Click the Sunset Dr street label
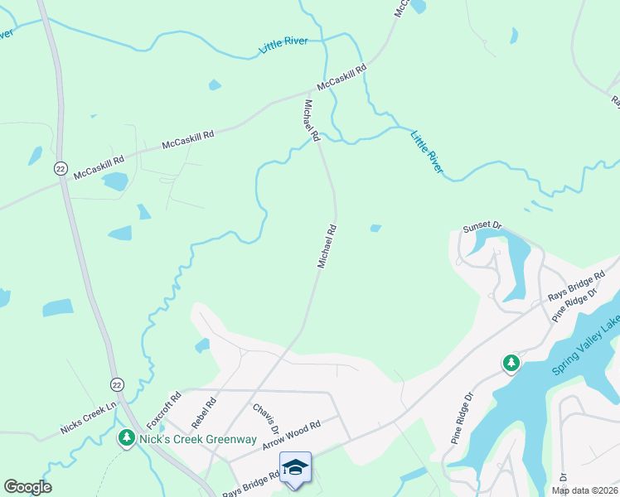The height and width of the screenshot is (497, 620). pyautogui.click(x=484, y=225)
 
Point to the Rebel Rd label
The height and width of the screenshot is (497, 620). pyautogui.click(x=203, y=412)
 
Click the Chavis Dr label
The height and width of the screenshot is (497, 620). pyautogui.click(x=264, y=424)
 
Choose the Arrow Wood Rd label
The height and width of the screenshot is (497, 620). pyautogui.click(x=291, y=435)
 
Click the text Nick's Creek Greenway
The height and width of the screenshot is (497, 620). pyautogui.click(x=198, y=438)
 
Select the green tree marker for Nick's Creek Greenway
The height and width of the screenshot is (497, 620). pyautogui.click(x=127, y=437)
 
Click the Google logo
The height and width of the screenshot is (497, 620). pyautogui.click(x=27, y=487)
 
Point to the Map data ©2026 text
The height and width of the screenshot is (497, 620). pyautogui.click(x=584, y=490)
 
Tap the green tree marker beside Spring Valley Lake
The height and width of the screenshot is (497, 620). pyautogui.click(x=511, y=363)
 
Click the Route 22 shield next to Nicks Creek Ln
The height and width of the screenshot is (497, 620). pyautogui.click(x=117, y=384)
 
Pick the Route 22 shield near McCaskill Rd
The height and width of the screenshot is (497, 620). pyautogui.click(x=61, y=168)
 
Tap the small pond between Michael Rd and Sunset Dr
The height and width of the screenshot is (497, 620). pyautogui.click(x=375, y=228)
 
